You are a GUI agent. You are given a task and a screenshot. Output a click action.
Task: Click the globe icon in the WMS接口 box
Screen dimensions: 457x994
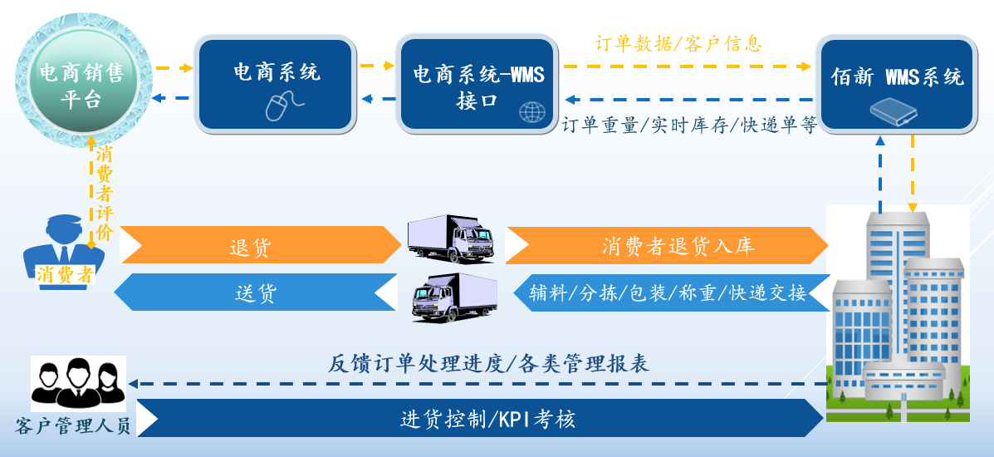pos(531,111)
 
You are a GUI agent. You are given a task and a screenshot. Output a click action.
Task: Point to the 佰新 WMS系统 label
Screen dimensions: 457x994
pos(897,77)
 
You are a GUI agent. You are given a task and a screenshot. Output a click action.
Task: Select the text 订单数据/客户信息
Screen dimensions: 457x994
pos(678,43)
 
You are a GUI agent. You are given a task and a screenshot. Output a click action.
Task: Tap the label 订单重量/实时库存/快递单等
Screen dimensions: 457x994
pos(689,125)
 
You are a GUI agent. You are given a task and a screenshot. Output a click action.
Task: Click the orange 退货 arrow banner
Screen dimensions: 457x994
pos(260,246)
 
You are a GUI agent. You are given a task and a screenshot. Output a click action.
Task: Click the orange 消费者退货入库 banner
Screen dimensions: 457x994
pos(667,246)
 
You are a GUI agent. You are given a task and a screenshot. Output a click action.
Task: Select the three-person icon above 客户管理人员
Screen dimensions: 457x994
pos(78,383)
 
